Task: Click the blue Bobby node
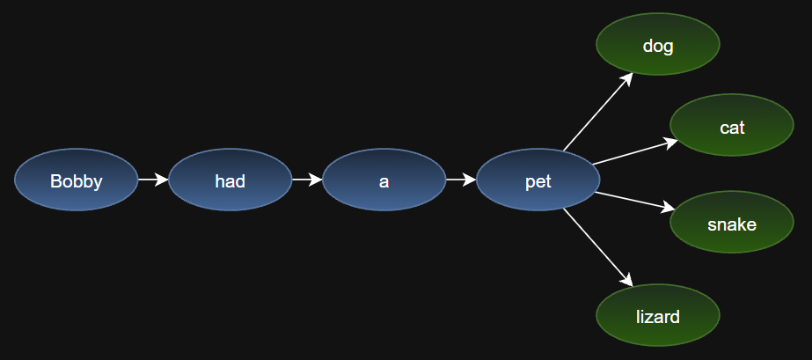[77, 180]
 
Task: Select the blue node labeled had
[230, 180]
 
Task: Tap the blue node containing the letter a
[384, 180]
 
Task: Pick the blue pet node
[538, 180]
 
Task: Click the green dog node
[658, 44]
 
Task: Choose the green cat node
[732, 125]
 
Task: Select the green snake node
[732, 222]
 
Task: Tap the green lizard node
[658, 315]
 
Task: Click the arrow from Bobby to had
[153, 180]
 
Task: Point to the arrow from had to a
[307, 180]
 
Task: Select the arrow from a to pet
[461, 180]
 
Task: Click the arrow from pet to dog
[598, 112]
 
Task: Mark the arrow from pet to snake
[635, 202]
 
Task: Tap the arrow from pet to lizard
[598, 247]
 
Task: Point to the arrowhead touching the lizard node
[626, 280]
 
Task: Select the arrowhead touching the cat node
[671, 142]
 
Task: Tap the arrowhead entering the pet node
[469, 180]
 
